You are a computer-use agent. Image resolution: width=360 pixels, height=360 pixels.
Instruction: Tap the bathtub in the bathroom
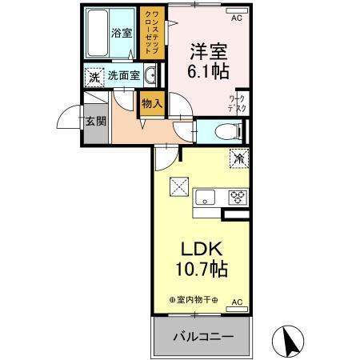coord(100,32)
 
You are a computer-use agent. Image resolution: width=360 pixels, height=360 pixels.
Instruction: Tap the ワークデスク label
coord(237,103)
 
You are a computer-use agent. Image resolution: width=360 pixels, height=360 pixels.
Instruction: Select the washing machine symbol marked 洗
coord(94,78)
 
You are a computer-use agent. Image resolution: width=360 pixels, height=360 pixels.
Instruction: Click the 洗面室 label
coord(124,78)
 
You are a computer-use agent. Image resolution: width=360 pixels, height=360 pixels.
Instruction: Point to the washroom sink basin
coord(151,77)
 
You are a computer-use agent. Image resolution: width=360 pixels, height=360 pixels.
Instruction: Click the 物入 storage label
coord(151,102)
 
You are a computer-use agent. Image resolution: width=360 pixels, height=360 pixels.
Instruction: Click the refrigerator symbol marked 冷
coord(238,158)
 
